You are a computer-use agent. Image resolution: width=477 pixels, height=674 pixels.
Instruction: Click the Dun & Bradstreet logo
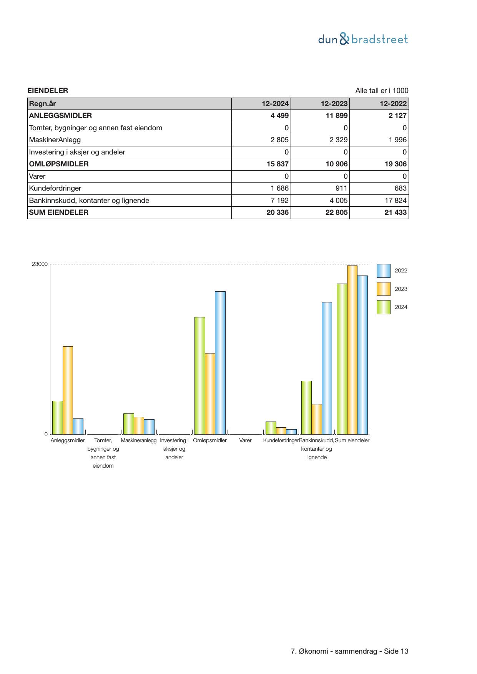pos(363,39)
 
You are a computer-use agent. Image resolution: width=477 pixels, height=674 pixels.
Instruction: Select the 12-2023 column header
pos(334,104)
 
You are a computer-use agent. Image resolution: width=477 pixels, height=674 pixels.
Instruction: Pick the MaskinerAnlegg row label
pos(55,140)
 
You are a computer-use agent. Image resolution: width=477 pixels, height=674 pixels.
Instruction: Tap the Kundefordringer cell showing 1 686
pos(279,188)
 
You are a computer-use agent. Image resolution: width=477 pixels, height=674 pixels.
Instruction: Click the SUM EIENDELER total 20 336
pos(278,212)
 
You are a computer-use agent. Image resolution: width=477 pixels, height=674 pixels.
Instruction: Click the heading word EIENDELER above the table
pos(48,91)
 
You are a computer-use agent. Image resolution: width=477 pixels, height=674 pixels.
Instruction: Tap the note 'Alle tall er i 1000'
pos(382,91)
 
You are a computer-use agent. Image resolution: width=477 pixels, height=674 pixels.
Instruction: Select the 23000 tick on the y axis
pos(40,264)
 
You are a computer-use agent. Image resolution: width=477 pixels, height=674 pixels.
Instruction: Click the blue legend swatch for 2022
pos(383,271)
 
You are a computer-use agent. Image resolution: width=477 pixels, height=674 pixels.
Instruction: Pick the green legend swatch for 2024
pos(383,307)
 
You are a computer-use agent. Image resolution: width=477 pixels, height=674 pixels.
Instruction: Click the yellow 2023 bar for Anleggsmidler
pos(68,390)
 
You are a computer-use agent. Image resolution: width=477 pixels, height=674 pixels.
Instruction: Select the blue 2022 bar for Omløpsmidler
pos(220,362)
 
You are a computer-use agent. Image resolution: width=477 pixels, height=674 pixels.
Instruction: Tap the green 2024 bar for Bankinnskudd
pos(306,407)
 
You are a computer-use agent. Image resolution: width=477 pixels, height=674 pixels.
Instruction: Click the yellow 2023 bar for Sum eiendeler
pos(352,350)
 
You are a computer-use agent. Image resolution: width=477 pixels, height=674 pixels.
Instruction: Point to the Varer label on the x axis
pos(245,440)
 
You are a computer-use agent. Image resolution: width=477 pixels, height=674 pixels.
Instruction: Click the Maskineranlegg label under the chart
pos(139,440)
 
